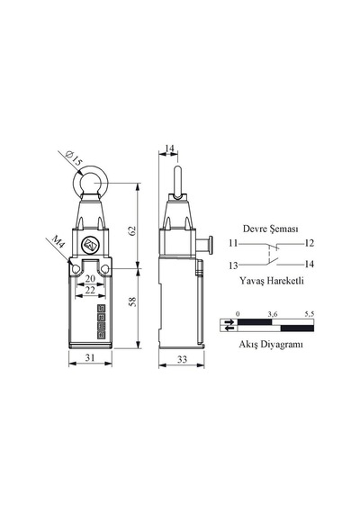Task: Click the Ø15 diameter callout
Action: (x=74, y=158)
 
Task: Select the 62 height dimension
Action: (x=132, y=230)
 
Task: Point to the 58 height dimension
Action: (x=132, y=301)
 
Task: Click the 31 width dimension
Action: (x=90, y=357)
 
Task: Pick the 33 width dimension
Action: (x=183, y=360)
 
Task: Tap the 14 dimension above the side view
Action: (x=169, y=148)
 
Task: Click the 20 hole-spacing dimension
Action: (x=90, y=278)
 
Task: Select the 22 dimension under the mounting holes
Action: (x=90, y=290)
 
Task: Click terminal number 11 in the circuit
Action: (x=233, y=243)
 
